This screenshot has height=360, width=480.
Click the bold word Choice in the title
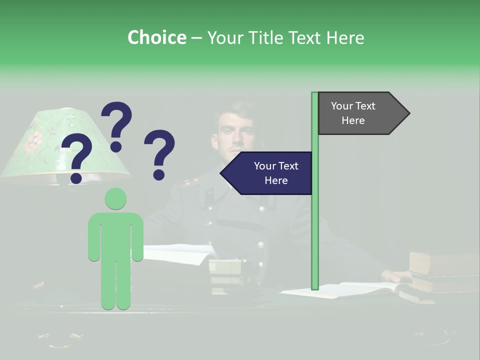point(156,37)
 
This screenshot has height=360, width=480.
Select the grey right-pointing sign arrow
point(362,113)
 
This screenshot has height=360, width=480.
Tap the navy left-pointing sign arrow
point(267,173)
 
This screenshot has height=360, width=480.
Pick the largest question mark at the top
point(117,126)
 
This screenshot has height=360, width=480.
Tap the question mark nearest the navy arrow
point(159,154)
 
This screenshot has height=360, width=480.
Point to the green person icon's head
point(115,198)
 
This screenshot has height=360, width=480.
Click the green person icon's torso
point(115,235)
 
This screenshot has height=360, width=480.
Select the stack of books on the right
point(442,272)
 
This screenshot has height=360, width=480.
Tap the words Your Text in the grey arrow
point(353,106)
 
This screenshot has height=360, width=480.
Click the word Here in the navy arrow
point(276,180)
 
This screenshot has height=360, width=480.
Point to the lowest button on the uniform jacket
point(260,245)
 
